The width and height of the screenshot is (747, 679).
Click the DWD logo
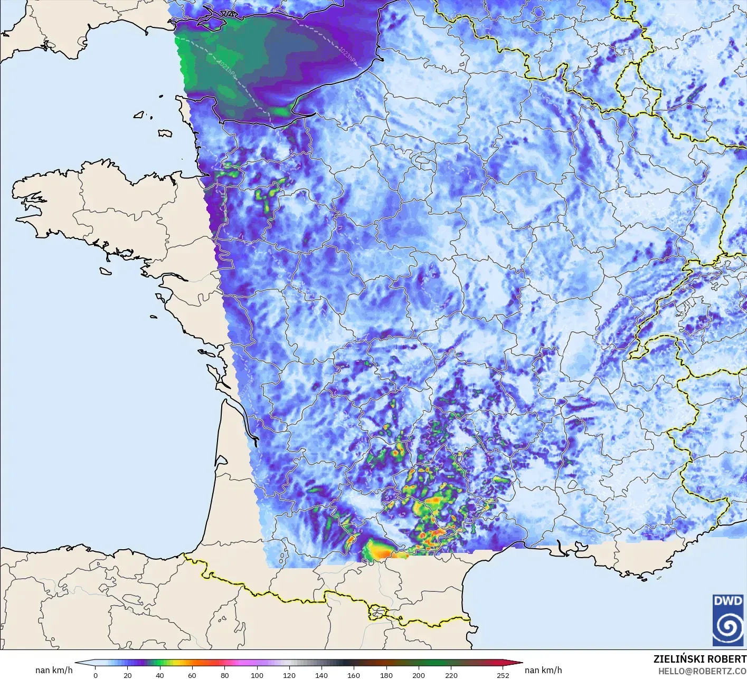point(727,619)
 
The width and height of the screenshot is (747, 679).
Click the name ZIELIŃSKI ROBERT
point(699,659)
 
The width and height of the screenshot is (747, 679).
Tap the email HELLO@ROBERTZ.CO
point(702,671)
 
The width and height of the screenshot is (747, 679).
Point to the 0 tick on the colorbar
point(96,675)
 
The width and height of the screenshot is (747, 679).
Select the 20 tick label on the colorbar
point(128,675)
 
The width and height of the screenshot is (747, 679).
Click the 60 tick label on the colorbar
point(192,675)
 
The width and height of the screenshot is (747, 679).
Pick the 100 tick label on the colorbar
point(257,675)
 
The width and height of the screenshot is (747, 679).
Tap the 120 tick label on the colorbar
point(289,675)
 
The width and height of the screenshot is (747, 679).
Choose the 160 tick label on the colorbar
point(354,675)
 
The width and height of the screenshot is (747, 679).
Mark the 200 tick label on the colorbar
point(418,675)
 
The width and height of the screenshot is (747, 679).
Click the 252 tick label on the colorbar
point(503,675)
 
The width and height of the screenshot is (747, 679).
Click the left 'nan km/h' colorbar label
point(54,670)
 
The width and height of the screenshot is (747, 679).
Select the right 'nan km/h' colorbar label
point(543,670)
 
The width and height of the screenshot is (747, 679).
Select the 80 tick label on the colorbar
point(224,675)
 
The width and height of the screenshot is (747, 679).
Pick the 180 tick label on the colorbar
point(386,675)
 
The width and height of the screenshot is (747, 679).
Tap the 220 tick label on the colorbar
point(450,675)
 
